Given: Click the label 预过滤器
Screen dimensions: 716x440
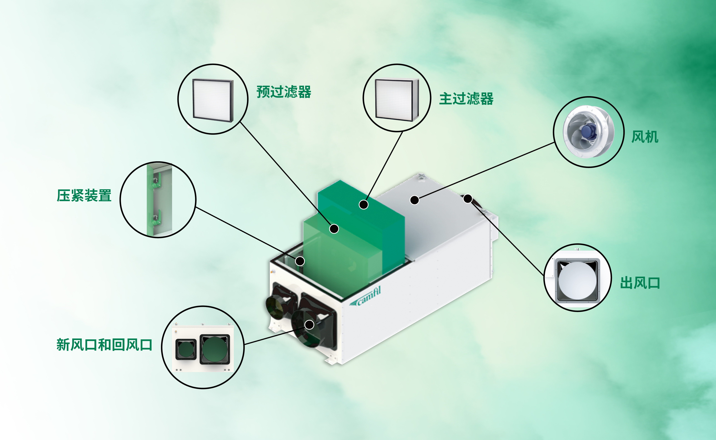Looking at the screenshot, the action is [x=284, y=92].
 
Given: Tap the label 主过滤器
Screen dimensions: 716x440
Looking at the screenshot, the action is [x=466, y=99].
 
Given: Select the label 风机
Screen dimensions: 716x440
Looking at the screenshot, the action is [x=645, y=137].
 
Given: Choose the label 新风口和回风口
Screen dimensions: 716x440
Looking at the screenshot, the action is [x=104, y=345].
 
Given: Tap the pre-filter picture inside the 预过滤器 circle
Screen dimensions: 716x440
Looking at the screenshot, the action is [x=213, y=100].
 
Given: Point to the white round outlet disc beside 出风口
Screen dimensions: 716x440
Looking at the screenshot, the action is [x=578, y=281].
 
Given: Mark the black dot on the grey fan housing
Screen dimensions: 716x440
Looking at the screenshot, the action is [x=414, y=200].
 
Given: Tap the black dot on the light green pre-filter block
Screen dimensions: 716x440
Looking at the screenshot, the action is [x=334, y=229].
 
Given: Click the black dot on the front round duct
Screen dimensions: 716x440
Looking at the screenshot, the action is [x=309, y=324].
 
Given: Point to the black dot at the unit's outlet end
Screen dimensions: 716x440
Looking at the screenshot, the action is [x=468, y=199].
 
